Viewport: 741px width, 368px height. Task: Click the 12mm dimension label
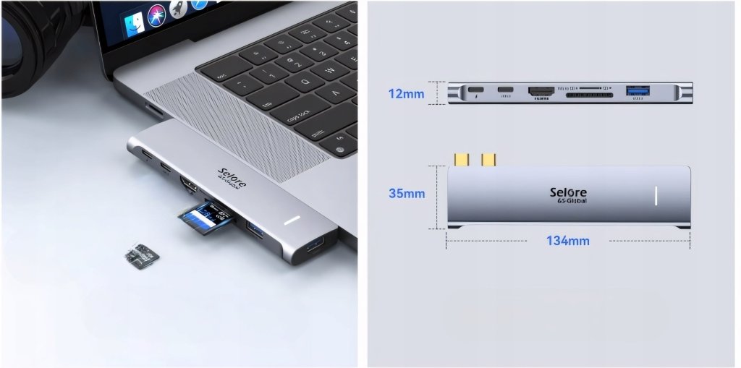(406, 94)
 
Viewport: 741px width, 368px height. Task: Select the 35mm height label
(407, 194)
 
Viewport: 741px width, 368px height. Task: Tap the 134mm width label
(567, 241)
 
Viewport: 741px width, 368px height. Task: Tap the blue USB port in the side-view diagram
(638, 92)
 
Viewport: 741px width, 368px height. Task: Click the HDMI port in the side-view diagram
(541, 93)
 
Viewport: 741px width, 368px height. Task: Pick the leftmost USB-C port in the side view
(475, 93)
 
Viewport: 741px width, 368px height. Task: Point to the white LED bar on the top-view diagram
(656, 196)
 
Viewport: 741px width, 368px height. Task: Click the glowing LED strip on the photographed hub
(292, 221)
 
